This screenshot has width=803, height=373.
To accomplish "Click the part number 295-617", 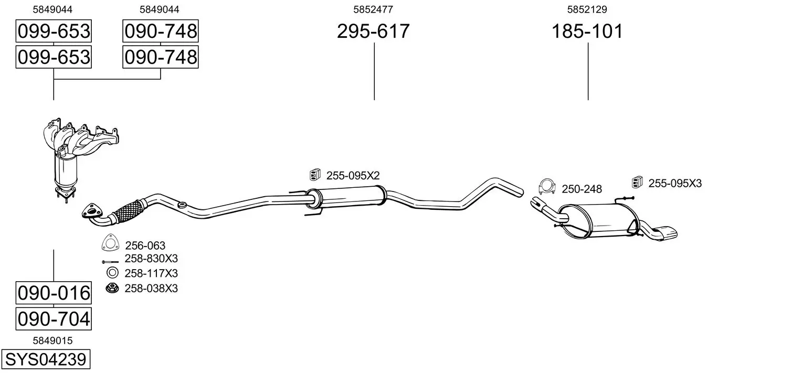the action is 373,31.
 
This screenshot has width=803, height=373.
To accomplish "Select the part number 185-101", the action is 587,31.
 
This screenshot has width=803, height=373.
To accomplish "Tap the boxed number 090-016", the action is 54,293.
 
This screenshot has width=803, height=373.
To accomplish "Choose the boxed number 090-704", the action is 54,318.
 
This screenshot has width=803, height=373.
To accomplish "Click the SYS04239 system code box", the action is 46,359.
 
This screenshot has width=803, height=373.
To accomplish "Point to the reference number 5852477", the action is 373,9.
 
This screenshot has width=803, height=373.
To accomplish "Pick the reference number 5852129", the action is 587,9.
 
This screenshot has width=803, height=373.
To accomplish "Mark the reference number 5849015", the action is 52,340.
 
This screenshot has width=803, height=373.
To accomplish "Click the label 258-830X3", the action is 151,258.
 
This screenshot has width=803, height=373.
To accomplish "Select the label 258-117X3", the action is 151,273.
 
